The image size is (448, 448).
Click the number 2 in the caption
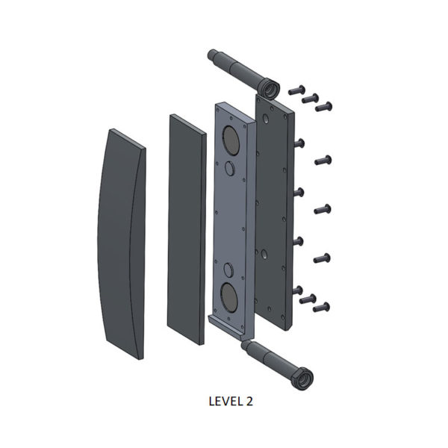tap(249, 402)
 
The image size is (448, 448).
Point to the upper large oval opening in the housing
tap(231, 140)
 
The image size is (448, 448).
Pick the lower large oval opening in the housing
tap(229, 297)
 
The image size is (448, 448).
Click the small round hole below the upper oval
tap(230, 168)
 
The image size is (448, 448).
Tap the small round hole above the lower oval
tap(228, 270)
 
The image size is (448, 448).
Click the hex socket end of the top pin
tap(270, 89)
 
